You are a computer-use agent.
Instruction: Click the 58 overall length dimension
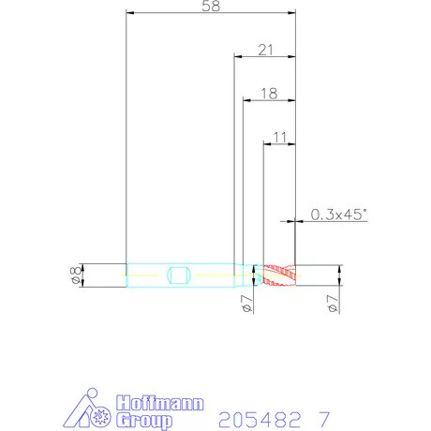[211, 7]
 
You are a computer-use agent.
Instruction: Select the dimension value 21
[265, 50]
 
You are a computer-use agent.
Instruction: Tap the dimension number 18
[269, 94]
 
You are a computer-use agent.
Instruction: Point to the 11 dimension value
[279, 138]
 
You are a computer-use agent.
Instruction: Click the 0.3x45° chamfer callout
[338, 215]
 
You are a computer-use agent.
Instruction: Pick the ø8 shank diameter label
[76, 275]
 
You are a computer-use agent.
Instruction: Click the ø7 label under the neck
[246, 304]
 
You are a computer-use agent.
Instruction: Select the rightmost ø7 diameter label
[333, 304]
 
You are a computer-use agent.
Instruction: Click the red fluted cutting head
[279, 275]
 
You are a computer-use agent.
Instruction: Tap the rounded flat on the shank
[178, 275]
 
